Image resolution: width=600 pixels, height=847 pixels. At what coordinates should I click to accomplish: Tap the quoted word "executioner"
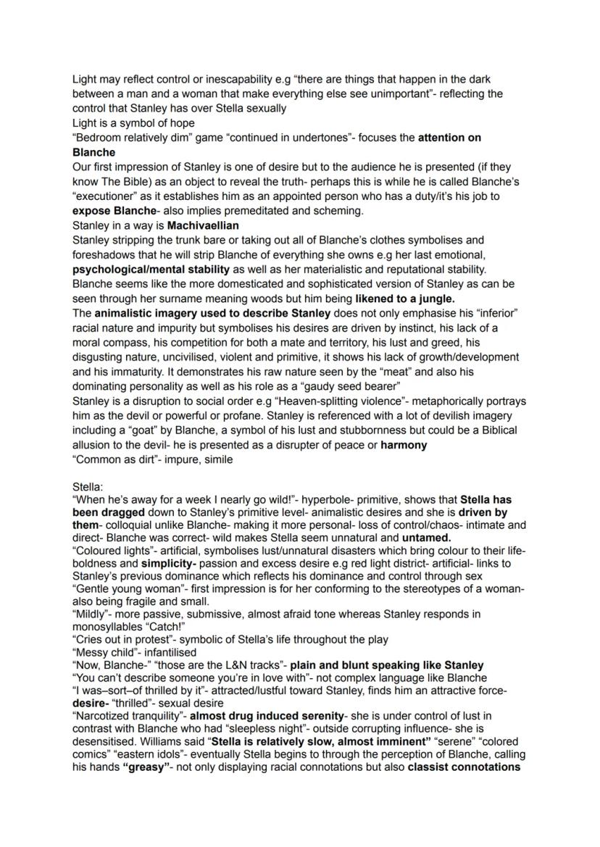104,196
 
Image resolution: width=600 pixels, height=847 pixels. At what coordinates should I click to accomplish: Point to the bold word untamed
427,538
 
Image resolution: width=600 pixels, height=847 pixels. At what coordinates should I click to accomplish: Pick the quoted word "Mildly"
92,614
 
